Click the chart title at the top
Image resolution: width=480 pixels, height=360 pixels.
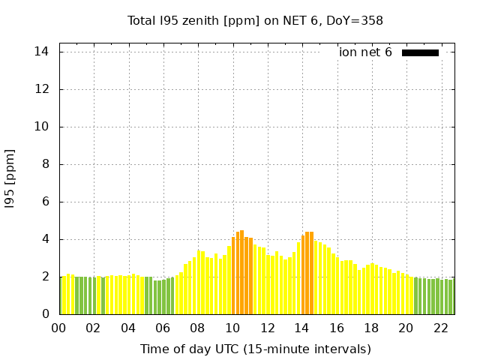[x=255, y=20]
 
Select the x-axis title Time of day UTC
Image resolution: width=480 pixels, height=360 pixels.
[x=255, y=349]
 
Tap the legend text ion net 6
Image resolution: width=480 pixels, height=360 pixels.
[x=365, y=52]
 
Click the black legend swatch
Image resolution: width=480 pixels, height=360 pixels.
[x=420, y=52]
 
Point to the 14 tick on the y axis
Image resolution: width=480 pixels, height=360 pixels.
[x=42, y=52]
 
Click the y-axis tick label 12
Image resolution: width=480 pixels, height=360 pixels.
[x=42, y=89]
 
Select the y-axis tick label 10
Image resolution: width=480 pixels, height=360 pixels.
[x=42, y=127]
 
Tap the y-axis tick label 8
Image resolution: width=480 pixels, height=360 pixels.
[x=45, y=164]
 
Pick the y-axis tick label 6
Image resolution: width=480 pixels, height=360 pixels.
[x=45, y=202]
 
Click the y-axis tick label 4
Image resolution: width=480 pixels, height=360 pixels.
[x=45, y=239]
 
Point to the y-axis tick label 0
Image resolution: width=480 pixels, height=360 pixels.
[x=45, y=314]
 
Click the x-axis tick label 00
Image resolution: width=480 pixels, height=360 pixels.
[x=59, y=328]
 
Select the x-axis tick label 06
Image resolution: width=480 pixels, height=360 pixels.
[x=163, y=328]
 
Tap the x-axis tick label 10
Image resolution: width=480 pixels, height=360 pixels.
[x=232, y=328]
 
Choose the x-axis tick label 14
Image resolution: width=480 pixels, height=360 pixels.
[x=302, y=328]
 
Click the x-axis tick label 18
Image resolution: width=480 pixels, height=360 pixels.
[x=371, y=328]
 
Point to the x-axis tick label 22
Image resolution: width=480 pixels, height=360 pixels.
[x=441, y=328]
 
